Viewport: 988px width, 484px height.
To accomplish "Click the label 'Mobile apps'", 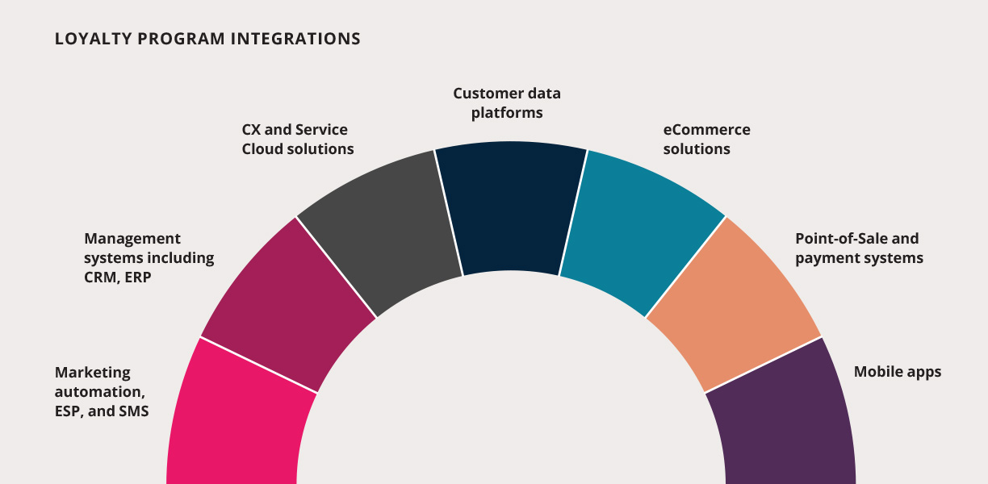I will pos(898,372).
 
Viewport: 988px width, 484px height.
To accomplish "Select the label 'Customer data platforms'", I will pos(507,102).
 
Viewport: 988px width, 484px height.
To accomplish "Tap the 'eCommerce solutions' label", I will pos(706,140).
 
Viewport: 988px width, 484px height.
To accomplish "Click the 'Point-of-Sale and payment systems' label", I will pos(859,248).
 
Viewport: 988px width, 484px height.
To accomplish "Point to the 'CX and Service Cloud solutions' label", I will pos(298,140).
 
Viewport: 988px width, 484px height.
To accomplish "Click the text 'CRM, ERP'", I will pos(118,277).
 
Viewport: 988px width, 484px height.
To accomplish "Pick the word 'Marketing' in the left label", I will pos(93,373).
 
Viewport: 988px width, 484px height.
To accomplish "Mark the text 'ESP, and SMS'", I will pos(102,411).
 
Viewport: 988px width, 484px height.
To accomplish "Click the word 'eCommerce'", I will pos(706,130).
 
